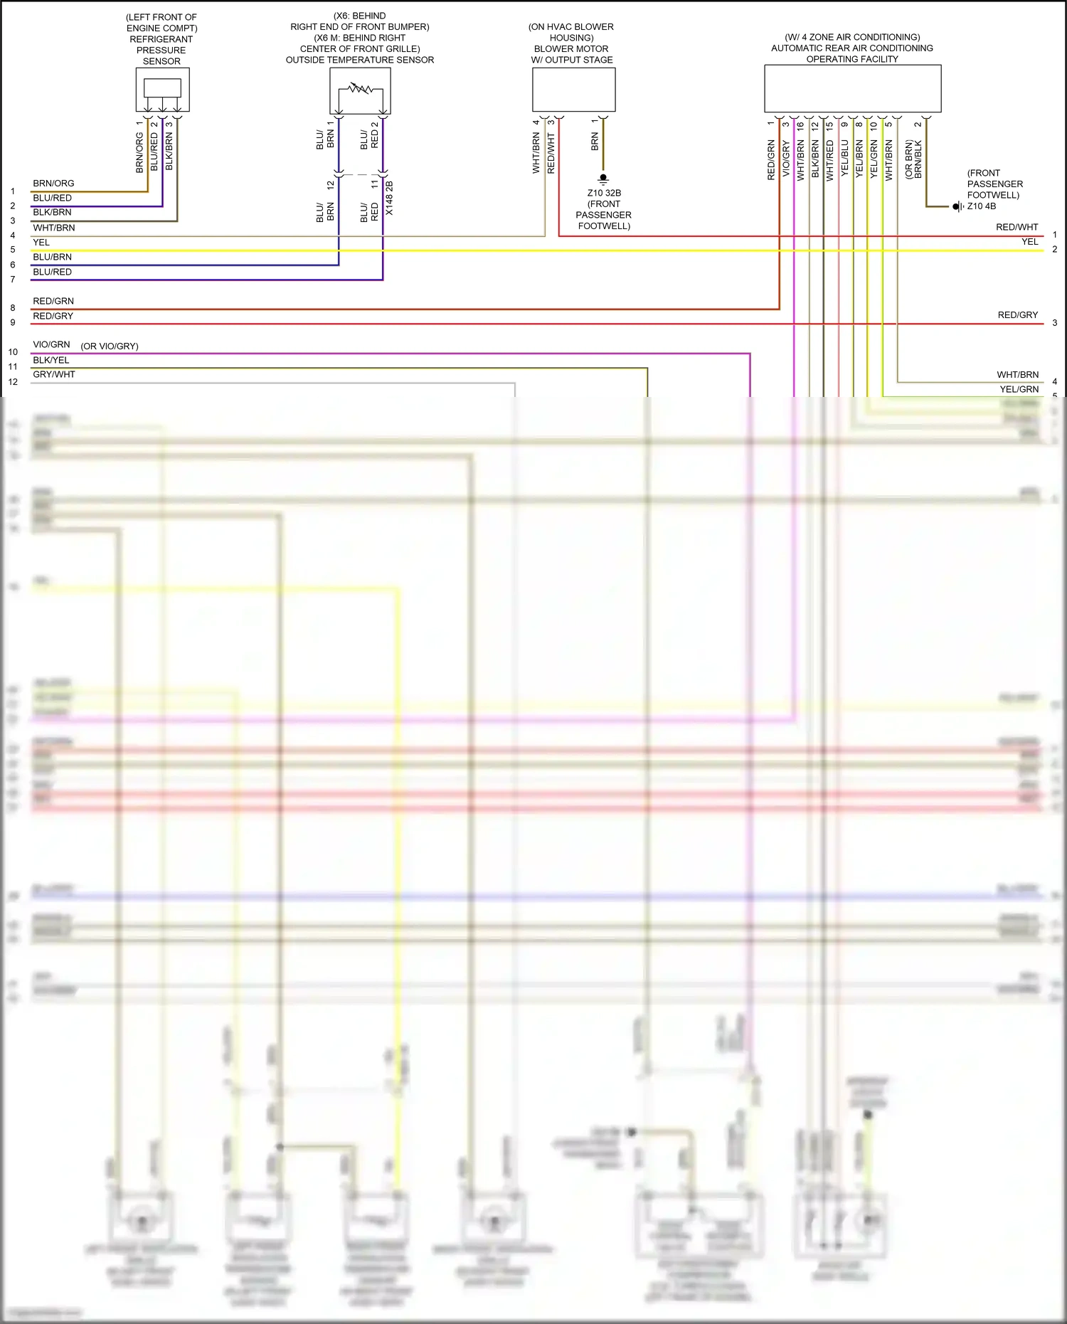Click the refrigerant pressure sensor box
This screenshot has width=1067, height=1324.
[162, 89]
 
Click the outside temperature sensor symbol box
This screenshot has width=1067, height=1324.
[360, 90]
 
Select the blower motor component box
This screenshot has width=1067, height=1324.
[573, 89]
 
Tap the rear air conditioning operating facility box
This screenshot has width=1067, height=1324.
[852, 88]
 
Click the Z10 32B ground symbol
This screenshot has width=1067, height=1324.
[603, 178]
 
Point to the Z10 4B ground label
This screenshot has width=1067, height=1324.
[981, 206]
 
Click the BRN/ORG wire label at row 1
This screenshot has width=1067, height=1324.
[53, 184]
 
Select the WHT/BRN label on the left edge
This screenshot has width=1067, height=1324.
[54, 228]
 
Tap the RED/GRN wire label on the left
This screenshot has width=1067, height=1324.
[53, 301]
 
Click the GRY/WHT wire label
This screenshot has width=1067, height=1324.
[54, 374]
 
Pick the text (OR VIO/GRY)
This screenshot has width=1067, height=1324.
[110, 346]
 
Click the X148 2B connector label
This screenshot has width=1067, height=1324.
[389, 198]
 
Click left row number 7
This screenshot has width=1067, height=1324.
[13, 280]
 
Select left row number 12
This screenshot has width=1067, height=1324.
[13, 382]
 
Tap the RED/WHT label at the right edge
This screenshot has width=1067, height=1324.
[1016, 227]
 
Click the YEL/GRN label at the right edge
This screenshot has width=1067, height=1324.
[1019, 389]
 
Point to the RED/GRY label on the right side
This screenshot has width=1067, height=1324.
[1017, 314]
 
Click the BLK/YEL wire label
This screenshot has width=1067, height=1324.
[51, 360]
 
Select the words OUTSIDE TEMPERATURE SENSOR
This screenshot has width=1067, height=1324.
[360, 60]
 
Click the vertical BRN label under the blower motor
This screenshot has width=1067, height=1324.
[595, 141]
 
